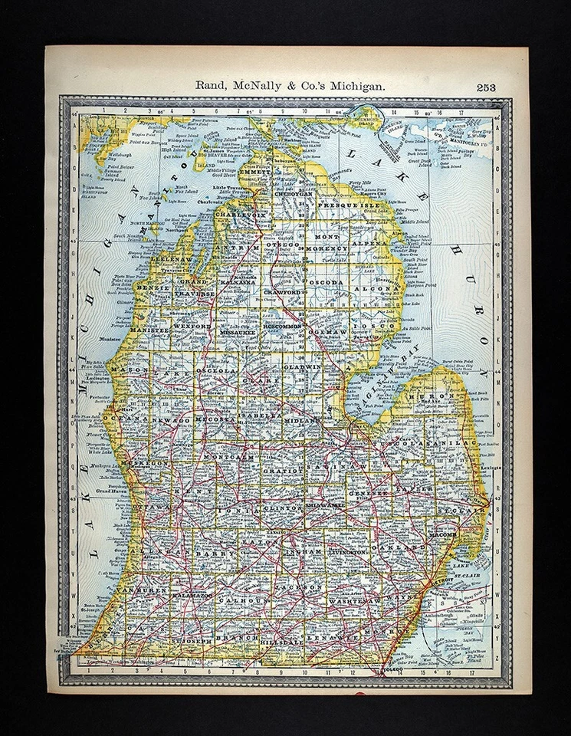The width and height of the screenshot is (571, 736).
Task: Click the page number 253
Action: [485, 87]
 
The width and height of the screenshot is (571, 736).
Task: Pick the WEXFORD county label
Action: [194, 326]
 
